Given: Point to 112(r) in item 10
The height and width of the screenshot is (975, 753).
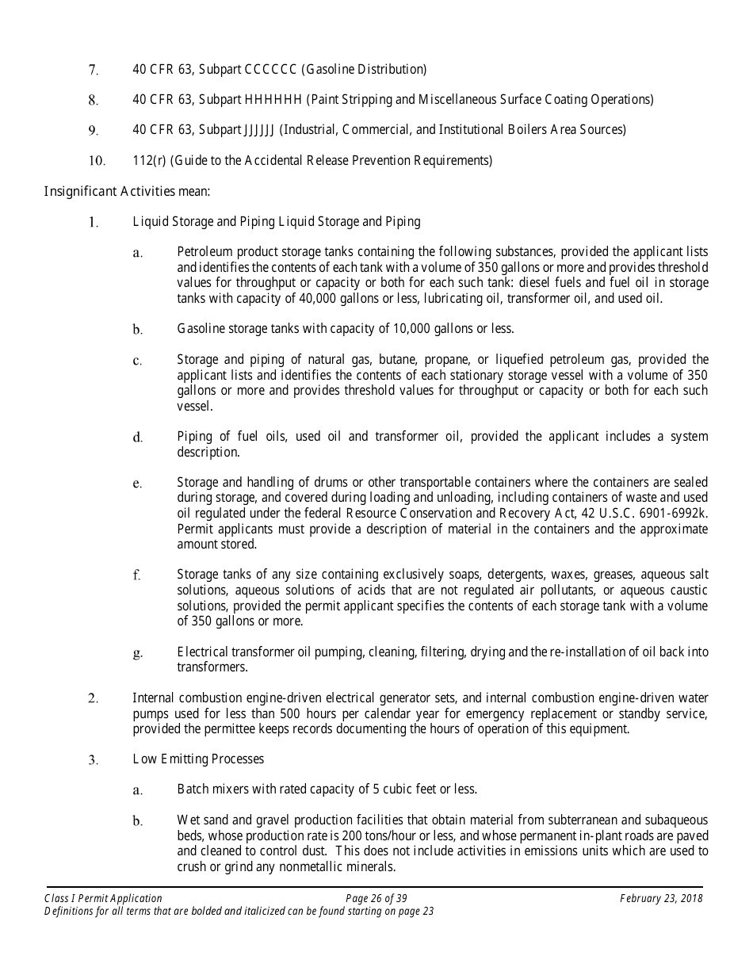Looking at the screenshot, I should coord(147,161).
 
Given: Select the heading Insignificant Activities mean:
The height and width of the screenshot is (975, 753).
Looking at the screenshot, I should coord(126,191).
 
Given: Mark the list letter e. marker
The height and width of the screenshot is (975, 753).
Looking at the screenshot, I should coord(137,484).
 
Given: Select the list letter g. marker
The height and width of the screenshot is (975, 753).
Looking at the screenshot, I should coord(137,653).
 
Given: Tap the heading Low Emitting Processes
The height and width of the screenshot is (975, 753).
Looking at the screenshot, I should coord(198,759).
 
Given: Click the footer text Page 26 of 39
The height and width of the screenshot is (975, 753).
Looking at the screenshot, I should coord(376,898).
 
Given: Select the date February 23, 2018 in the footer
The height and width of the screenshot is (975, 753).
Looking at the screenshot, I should coord(661,898).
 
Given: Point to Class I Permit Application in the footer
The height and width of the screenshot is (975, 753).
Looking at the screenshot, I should coord(103,898).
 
